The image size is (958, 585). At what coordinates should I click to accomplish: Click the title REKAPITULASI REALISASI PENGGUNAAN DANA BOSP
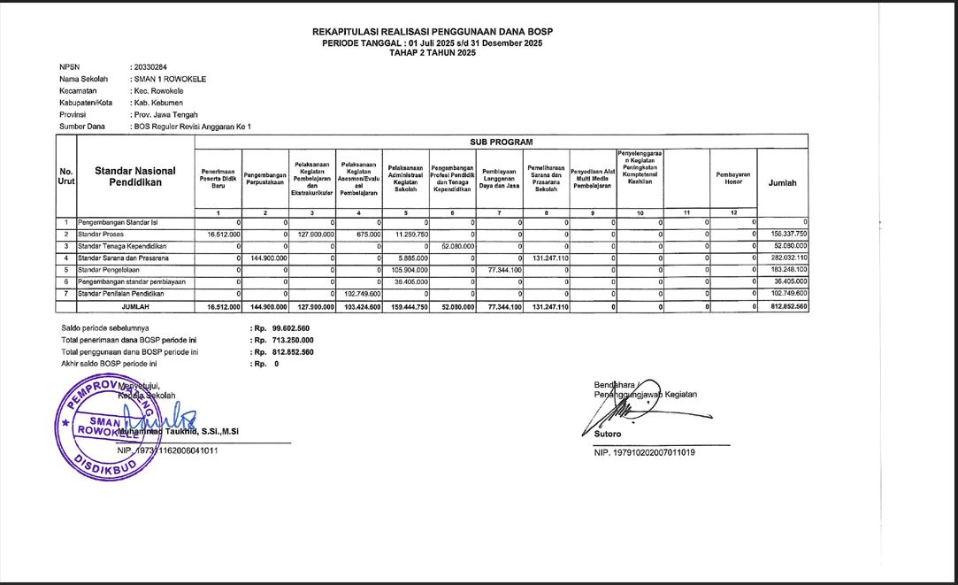[x=433, y=32]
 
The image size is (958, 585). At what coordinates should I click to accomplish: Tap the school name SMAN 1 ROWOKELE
[x=169, y=79]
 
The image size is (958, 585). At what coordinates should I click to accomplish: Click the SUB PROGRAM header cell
[x=501, y=142]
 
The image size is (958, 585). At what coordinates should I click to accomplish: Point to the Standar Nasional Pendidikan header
[x=134, y=176]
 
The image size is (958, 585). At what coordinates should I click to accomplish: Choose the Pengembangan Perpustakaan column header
[x=265, y=180]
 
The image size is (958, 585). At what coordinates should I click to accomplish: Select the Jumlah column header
[x=783, y=183]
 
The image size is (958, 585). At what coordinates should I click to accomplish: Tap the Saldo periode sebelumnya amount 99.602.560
[x=291, y=328]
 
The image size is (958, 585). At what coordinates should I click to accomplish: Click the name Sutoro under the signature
[x=609, y=435]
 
